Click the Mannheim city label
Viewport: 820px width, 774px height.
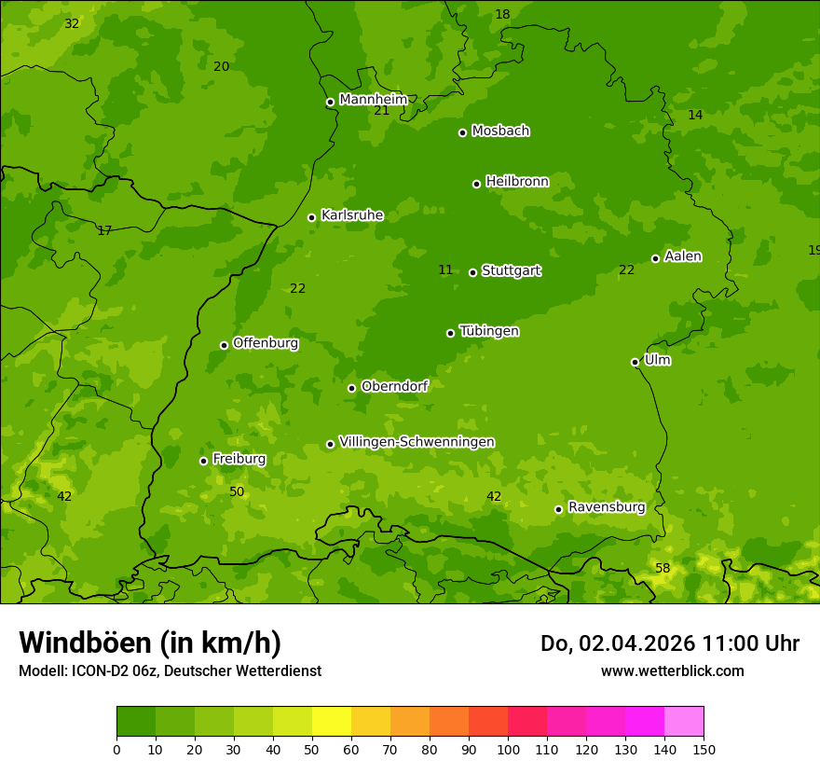(373, 100)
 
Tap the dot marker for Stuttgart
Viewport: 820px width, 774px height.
(473, 272)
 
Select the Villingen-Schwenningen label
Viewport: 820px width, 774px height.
(417, 442)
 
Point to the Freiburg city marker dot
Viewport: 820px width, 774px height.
(203, 461)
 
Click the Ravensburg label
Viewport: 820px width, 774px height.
(607, 507)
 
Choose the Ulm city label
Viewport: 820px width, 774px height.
(657, 360)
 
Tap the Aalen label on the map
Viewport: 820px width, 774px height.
(683, 256)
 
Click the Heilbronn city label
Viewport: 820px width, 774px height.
(517, 182)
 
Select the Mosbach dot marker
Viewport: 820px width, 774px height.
(462, 132)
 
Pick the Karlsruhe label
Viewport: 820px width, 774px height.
(352, 215)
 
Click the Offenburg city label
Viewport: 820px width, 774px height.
(266, 343)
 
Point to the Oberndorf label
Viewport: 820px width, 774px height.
(394, 386)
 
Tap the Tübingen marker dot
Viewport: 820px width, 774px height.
(451, 333)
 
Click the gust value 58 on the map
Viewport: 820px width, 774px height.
(663, 568)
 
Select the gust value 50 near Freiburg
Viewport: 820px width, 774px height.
(237, 491)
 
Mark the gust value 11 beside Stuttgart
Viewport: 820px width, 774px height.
(445, 270)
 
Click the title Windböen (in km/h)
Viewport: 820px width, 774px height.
(150, 643)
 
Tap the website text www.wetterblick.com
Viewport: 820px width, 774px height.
(672, 670)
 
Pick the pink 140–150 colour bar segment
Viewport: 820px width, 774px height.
(684, 722)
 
